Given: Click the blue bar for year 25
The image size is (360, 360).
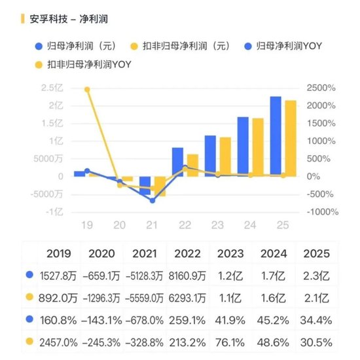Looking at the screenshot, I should [276, 135].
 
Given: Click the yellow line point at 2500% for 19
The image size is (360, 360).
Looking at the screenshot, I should [87, 90].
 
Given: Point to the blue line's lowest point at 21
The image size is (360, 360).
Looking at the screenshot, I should [153, 200].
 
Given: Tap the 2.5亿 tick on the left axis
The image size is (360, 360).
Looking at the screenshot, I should [52, 88].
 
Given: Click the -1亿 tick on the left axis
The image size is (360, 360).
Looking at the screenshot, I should [54, 211].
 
